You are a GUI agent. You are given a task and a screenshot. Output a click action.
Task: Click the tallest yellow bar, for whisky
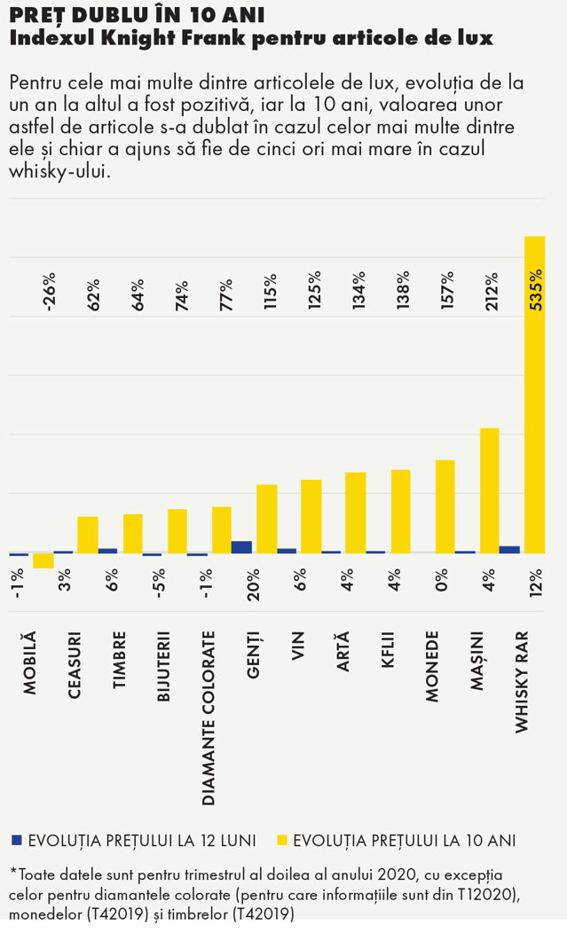pyautogui.click(x=535, y=395)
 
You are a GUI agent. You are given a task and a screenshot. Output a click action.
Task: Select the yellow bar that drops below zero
pyautogui.click(x=43, y=561)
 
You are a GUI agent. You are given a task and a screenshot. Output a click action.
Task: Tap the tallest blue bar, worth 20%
pyautogui.click(x=241, y=547)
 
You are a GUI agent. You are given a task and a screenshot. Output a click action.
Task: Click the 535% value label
pyautogui.click(x=536, y=290)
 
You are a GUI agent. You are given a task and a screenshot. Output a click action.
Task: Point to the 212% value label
pyautogui.click(x=492, y=292)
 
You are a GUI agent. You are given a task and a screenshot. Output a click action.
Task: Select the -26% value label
pyautogui.click(x=50, y=292)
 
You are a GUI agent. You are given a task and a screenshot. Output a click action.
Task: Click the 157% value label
pyautogui.click(x=447, y=290)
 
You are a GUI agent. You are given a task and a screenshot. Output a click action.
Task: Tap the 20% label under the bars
pyautogui.click(x=253, y=584)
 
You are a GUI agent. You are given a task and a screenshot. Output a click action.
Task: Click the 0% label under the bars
pyautogui.click(x=441, y=580)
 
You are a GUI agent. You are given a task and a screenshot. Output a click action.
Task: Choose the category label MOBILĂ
pyautogui.click(x=30, y=663)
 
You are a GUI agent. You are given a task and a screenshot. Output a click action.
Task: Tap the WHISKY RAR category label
pyautogui.click(x=521, y=682)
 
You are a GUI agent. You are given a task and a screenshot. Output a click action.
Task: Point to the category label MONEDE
pyautogui.click(x=432, y=666)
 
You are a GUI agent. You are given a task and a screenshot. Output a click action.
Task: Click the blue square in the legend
pyautogui.click(x=17, y=840)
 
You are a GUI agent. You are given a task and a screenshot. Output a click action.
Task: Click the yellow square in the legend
pyautogui.click(x=282, y=840)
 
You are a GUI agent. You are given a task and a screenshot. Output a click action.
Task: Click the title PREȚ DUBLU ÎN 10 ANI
pyautogui.click(x=137, y=14)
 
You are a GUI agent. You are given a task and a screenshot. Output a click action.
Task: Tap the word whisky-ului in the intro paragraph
pyautogui.click(x=59, y=172)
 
